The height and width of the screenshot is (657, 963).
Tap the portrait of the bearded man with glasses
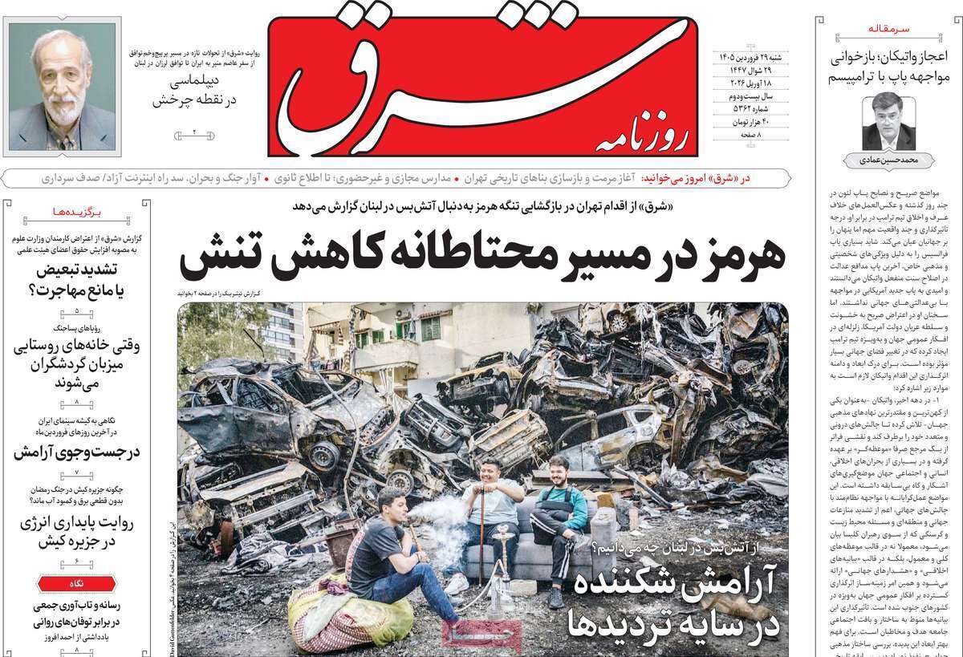62,86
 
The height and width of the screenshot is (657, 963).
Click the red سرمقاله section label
889,29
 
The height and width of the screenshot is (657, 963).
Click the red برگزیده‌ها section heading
78,213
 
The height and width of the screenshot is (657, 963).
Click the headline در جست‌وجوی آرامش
77,452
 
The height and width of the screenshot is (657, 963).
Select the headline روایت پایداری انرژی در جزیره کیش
77,533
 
